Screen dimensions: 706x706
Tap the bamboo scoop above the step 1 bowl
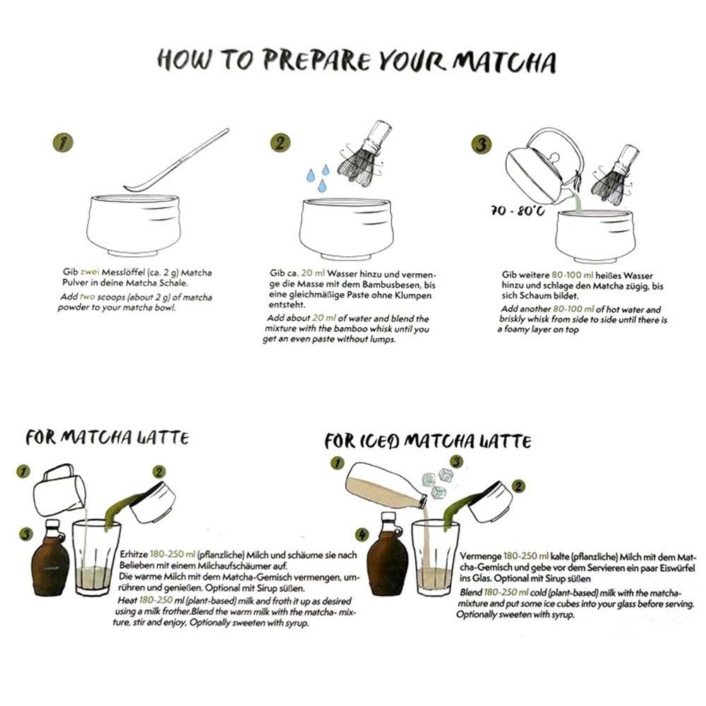176,161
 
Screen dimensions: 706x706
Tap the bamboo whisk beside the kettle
616,171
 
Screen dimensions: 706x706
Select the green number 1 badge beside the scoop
63,143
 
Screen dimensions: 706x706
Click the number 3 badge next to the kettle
481,145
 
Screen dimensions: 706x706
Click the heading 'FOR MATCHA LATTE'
107,438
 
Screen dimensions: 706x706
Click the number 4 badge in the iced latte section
361,534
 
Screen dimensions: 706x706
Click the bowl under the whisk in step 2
346,228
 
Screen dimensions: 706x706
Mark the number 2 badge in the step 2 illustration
280,143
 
